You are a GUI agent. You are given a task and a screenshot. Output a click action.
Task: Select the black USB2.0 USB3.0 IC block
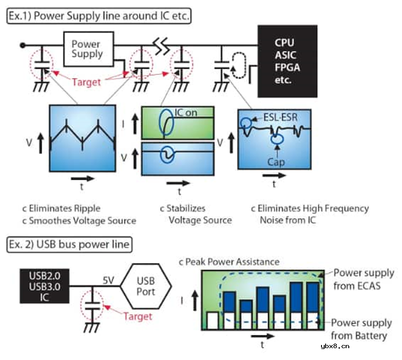44,285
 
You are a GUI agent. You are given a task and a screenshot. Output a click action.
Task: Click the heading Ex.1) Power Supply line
100,16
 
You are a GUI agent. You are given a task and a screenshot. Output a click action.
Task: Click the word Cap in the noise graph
276,162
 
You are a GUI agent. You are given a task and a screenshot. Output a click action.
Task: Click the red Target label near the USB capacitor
137,315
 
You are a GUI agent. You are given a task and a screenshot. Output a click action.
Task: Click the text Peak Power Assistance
232,262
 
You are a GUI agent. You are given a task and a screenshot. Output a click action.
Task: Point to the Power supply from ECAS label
363,279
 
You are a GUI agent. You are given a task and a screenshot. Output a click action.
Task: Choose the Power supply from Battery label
361,329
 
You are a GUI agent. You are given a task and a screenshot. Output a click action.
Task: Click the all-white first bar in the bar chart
212,319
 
